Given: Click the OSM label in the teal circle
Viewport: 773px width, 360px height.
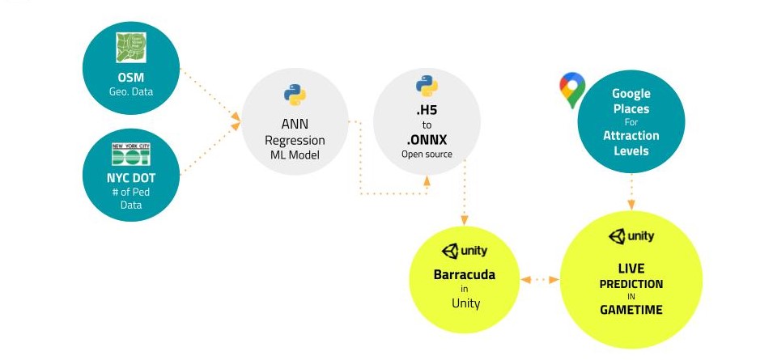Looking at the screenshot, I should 130,78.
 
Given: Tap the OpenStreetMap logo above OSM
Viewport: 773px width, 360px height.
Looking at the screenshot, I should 130,48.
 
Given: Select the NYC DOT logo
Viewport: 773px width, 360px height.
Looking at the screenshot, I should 131,155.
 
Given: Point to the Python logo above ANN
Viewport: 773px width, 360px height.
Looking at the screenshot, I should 295,95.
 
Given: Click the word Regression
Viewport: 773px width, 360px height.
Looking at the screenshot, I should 295,141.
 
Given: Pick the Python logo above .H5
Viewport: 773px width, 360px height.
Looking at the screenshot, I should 427,86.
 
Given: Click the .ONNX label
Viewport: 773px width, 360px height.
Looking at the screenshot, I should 427,139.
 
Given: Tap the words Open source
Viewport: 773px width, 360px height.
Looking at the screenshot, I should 427,154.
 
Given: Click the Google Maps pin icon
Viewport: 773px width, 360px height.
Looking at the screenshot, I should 572,91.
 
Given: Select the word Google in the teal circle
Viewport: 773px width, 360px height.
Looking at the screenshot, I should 631,94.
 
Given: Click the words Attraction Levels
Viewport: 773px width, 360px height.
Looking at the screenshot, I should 631,143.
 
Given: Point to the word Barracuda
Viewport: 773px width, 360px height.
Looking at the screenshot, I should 464,275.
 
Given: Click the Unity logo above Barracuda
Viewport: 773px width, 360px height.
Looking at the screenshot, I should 464,251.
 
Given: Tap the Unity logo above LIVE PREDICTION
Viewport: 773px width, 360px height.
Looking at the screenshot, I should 631,236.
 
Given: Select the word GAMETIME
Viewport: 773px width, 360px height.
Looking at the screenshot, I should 631,310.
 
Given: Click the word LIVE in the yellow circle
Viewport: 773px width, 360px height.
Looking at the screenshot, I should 631,269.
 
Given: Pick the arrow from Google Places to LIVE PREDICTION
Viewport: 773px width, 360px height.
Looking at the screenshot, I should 631,194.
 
